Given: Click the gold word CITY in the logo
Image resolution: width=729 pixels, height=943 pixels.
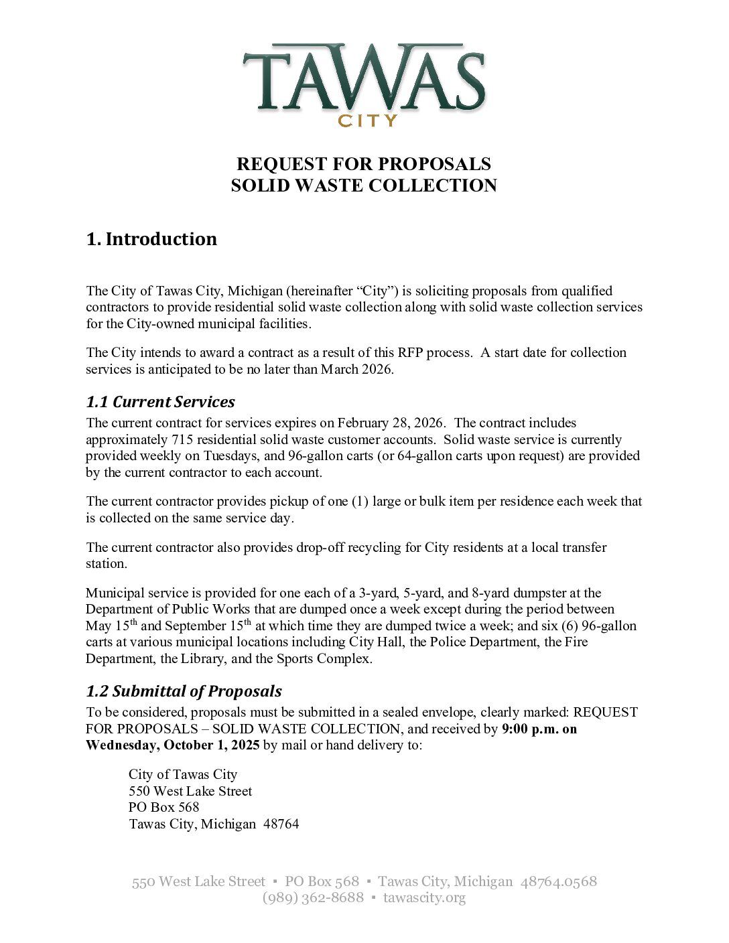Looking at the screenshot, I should (367, 121).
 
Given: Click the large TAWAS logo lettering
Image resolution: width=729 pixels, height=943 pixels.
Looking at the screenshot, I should (364, 78).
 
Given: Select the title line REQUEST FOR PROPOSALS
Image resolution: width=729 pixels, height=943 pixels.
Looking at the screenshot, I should (364, 164).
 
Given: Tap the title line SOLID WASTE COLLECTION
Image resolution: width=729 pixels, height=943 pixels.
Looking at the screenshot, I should (364, 186).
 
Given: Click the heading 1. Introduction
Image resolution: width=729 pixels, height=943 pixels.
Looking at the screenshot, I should (151, 239).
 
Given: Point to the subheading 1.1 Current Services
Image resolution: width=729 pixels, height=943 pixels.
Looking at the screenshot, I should (160, 402).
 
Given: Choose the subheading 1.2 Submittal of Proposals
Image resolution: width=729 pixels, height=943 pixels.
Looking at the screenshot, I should (184, 691).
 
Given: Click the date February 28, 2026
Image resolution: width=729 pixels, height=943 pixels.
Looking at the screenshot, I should (390, 423).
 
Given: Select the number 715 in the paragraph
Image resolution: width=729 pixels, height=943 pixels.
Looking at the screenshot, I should (182, 439).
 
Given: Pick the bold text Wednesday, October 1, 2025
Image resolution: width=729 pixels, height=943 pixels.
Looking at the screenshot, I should (172, 745).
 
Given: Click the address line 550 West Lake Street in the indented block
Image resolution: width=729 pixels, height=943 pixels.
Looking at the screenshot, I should (190, 791).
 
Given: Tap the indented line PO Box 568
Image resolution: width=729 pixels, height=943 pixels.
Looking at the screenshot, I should (163, 807).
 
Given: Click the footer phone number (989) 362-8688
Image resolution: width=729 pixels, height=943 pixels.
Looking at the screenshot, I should (313, 897).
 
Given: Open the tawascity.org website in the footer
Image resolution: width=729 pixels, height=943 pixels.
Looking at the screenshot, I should (424, 897).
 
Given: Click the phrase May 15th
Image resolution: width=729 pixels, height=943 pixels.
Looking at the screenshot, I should (111, 626).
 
